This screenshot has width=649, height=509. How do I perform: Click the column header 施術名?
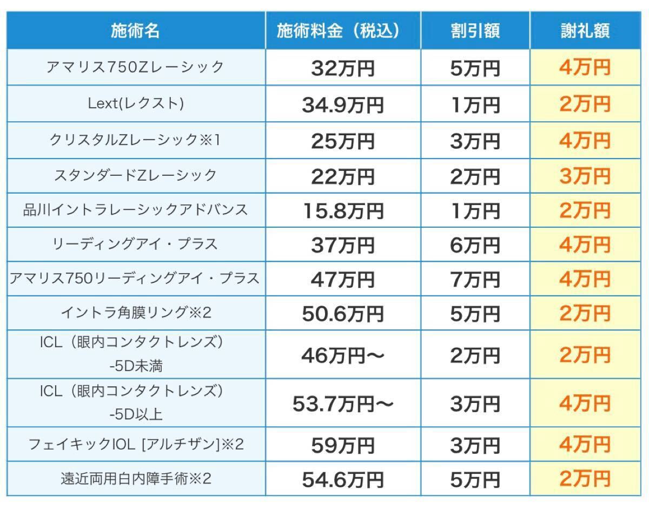(135, 31)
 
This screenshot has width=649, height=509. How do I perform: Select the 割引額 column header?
(475, 31)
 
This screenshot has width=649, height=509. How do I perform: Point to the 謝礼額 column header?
(585, 31)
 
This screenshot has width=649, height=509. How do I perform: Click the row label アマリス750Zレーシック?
(135, 67)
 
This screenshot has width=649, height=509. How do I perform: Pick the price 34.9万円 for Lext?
(343, 104)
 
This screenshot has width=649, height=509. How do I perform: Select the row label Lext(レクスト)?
(135, 103)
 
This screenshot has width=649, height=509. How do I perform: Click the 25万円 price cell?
(343, 141)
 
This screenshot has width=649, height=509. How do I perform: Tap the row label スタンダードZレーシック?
(135, 175)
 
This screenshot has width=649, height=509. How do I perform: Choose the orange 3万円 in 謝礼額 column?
(585, 176)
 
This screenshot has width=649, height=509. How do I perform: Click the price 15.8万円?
(343, 211)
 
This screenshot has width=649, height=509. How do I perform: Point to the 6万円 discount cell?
(475, 246)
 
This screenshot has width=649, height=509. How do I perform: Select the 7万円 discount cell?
(475, 280)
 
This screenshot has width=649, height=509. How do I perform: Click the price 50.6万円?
(343, 314)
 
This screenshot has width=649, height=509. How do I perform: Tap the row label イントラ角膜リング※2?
(135, 312)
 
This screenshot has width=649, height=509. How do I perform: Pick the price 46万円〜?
(343, 355)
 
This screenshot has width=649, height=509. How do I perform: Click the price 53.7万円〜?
(343, 404)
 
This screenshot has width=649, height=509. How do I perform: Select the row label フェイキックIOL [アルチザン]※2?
(135, 445)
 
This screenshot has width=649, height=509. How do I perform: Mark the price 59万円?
(343, 446)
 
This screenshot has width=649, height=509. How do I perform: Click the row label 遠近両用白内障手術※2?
(135, 479)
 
